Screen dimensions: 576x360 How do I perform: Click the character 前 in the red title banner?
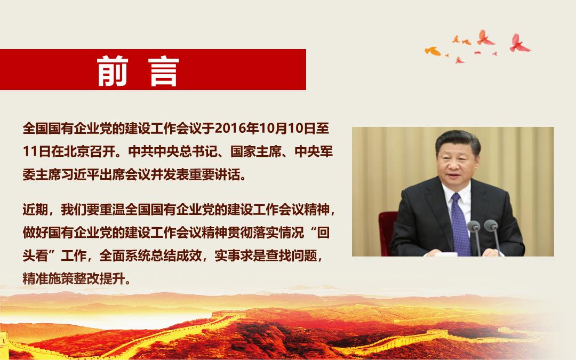113,71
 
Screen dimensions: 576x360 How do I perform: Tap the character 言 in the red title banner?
164,71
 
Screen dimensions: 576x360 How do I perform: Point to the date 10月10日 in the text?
287,128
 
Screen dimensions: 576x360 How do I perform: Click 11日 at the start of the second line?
36,151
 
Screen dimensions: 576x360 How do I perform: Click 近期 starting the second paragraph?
35,210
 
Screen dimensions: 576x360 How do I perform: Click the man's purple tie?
460,224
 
